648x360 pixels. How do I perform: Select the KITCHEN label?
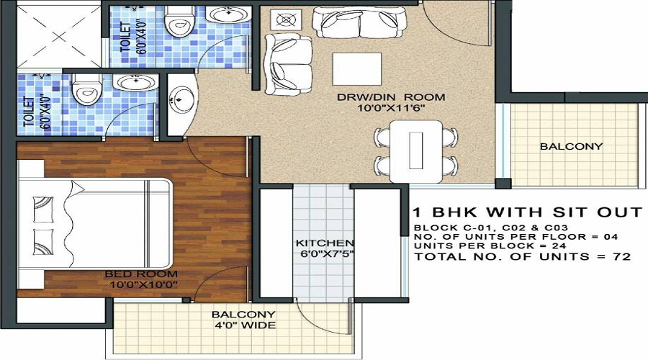pos(325,243)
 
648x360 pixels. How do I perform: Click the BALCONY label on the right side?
pos(571,146)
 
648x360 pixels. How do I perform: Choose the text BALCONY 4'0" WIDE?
pos(243,320)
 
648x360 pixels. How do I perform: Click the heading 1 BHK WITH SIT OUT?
pos(527,212)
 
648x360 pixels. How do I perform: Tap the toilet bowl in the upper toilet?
pos(176,23)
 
